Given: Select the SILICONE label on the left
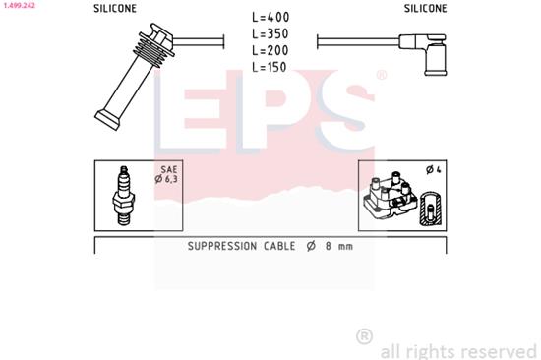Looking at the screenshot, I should point(115,8).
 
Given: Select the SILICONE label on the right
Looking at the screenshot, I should point(425,8).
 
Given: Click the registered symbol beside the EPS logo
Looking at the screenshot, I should point(382,75).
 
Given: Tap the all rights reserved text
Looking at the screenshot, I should point(458,350).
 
